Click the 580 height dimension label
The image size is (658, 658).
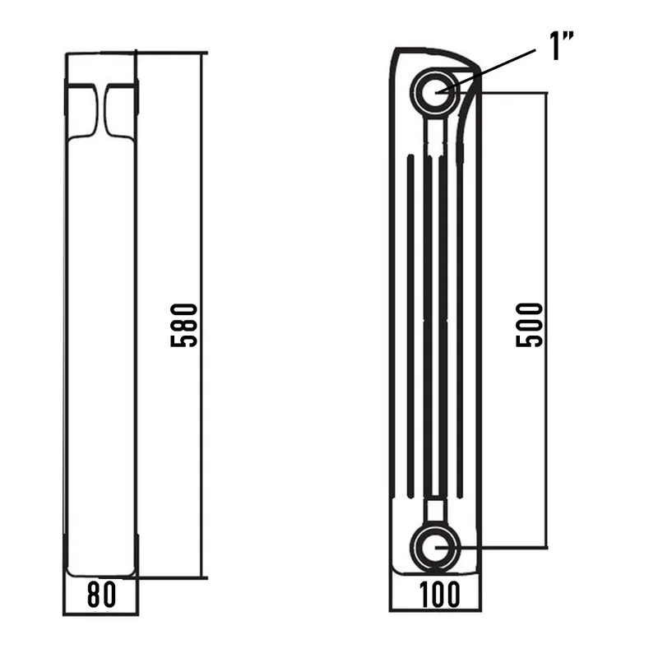tap(183, 325)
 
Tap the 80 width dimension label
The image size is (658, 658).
tap(101, 595)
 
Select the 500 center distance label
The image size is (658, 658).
tap(529, 325)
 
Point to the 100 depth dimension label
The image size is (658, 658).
tap(439, 595)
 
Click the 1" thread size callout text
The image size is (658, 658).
tap(562, 46)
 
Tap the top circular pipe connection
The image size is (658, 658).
tap(435, 92)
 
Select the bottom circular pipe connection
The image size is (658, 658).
tap(435, 547)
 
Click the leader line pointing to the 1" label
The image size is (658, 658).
tap(485, 71)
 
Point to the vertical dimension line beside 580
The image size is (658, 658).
tap(202, 315)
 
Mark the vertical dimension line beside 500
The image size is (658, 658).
tap(546, 320)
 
